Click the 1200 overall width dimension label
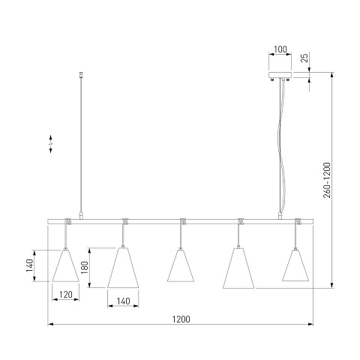[181, 319]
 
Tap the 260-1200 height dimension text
[327, 180]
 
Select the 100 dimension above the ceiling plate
[280, 49]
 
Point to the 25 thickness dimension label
[304, 58]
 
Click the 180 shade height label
[85, 267]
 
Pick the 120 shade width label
[66, 295]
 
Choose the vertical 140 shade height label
[29, 265]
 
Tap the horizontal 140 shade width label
[123, 301]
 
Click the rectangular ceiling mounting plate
[280, 75]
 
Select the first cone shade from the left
[65, 265]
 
